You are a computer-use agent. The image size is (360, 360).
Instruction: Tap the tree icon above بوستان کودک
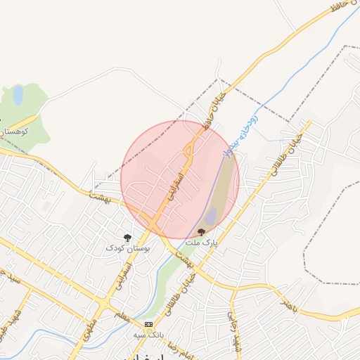pyautogui.click(x=127, y=238)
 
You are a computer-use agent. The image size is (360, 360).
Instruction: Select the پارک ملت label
pyautogui.click(x=202, y=242)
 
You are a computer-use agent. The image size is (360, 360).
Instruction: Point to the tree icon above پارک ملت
pyautogui.click(x=202, y=231)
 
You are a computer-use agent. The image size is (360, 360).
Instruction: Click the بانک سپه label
pyautogui.click(x=149, y=335)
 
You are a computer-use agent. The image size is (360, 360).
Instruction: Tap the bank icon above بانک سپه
pyautogui.click(x=148, y=324)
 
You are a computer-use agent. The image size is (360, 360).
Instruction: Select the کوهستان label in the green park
pyautogui.click(x=15, y=131)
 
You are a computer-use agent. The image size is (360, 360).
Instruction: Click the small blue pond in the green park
pyautogui.click(x=18, y=95)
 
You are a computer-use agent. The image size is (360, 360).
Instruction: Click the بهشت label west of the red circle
pyautogui.click(x=101, y=194)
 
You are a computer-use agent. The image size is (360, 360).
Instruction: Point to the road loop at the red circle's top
pyautogui.click(x=189, y=149)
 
